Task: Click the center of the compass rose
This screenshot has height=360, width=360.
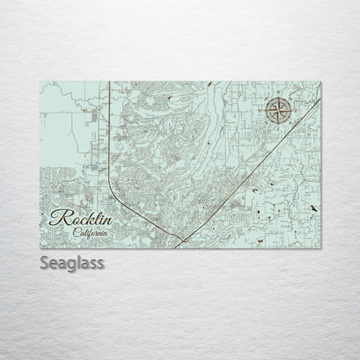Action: click(280, 111)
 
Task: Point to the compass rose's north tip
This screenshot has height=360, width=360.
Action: click(280, 98)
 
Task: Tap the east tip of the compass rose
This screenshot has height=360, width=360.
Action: click(292, 111)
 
